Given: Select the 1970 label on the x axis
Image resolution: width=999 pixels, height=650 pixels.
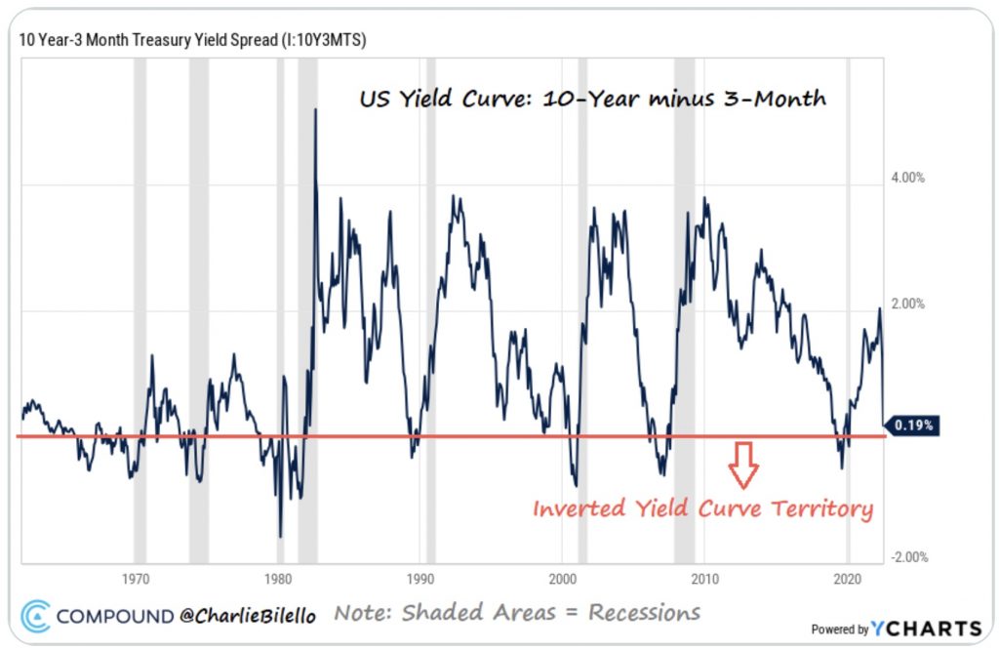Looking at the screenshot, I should click(x=136, y=576).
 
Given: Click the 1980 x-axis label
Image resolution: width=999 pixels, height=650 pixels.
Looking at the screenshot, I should click(x=278, y=576).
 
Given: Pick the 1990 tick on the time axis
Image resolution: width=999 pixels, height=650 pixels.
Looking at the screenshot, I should click(x=420, y=576).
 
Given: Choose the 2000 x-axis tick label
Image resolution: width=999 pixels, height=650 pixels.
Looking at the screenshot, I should click(x=563, y=576).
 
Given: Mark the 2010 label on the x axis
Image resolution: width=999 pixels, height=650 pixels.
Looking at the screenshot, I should click(x=705, y=576).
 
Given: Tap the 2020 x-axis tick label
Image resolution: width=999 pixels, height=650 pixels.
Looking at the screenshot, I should click(x=848, y=576).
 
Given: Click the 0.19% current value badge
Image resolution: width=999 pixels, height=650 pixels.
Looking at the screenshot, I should click(x=914, y=425).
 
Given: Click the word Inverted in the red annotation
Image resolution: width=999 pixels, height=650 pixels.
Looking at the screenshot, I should click(x=576, y=508).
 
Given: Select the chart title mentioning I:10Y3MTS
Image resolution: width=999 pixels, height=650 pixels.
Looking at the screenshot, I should click(x=193, y=40).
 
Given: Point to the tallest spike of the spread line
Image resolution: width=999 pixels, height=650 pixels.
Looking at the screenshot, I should click(x=315, y=109).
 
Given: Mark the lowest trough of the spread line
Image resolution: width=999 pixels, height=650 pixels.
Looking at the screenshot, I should click(x=281, y=536).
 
